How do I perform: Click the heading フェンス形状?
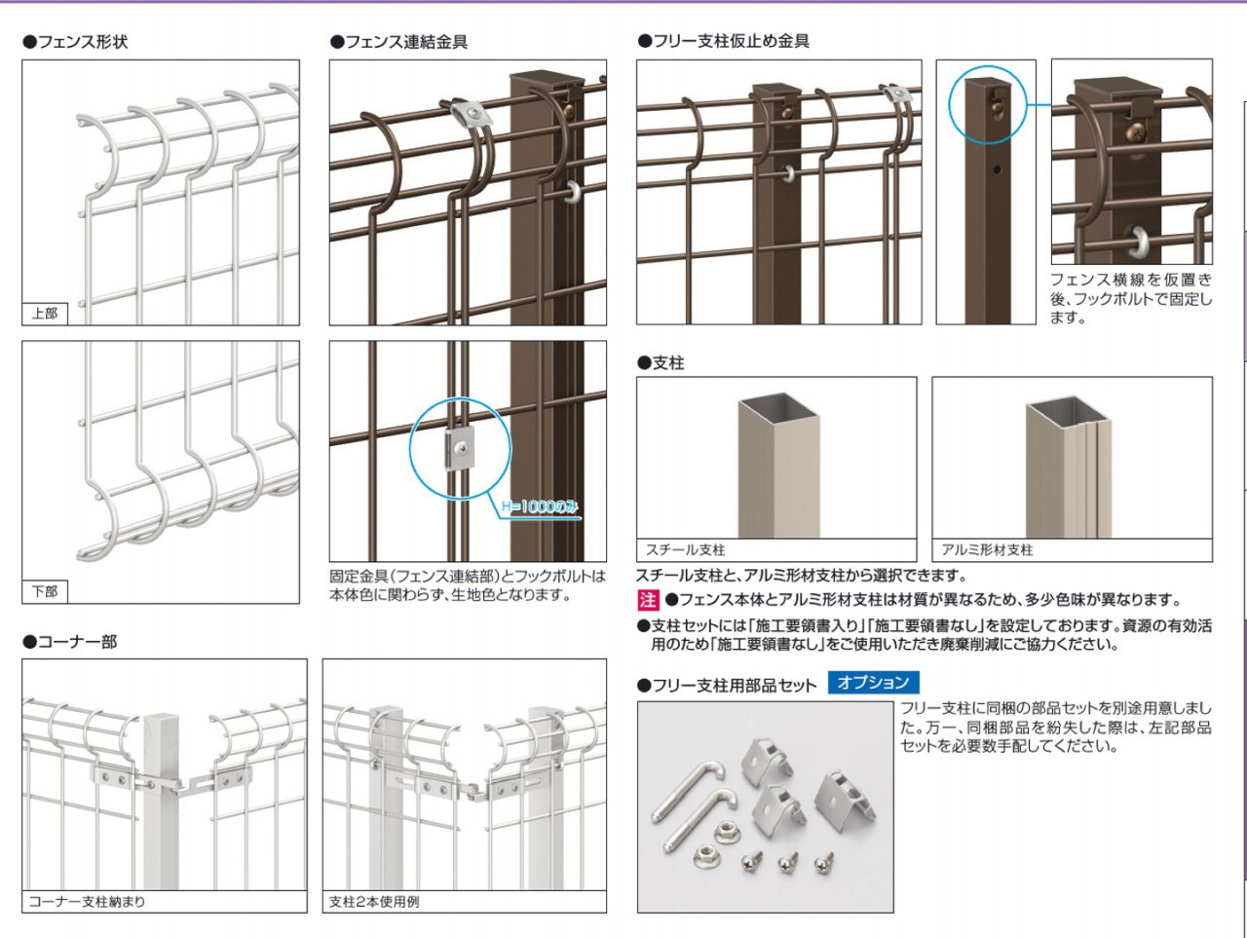click(x=76, y=42)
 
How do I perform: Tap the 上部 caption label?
click(x=45, y=314)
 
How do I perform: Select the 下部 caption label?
click(x=45, y=591)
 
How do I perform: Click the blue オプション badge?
click(x=873, y=683)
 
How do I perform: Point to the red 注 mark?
click(x=648, y=600)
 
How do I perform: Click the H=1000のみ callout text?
click(x=540, y=507)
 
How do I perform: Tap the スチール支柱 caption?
click(x=686, y=550)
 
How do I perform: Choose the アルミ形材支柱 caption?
click(x=987, y=550)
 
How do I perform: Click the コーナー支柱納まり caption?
click(x=87, y=902)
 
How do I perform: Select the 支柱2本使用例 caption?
click(x=375, y=902)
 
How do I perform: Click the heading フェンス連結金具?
click(x=399, y=42)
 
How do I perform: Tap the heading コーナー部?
click(x=70, y=642)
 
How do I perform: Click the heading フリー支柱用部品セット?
click(x=727, y=686)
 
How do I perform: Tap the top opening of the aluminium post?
click(x=1068, y=406)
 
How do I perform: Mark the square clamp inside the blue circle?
click(x=459, y=448)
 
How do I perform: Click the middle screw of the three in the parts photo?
click(x=787, y=861)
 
